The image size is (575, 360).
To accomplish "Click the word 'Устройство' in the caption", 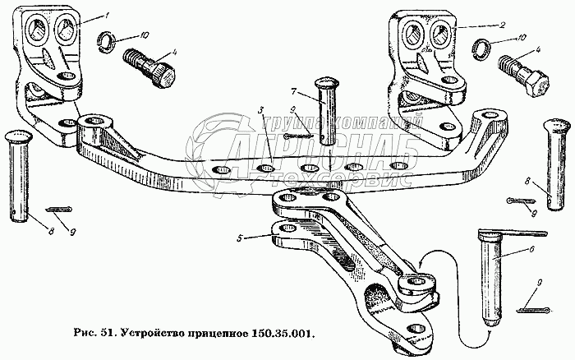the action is [x=149, y=336].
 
